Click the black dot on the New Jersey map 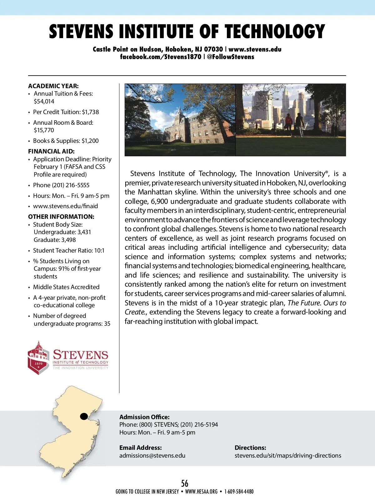coord(84,416)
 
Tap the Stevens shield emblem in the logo coord(38,358)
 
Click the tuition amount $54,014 coord(44,101)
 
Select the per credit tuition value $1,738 coord(90,112)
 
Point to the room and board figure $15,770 coord(44,130)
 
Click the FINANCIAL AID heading coord(51,151)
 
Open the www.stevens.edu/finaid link coord(66,206)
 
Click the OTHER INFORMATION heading coord(61,217)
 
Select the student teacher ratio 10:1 coord(99,250)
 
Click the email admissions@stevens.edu coord(152,455)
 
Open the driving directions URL coord(288,455)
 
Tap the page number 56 coord(185,483)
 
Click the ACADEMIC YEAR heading coord(53,86)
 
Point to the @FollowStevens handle coord(230,57)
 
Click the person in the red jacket coord(288,123)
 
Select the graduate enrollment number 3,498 coord(68,240)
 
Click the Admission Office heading coord(144,417)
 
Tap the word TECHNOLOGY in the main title coord(275,32)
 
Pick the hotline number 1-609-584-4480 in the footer coord(239,492)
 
